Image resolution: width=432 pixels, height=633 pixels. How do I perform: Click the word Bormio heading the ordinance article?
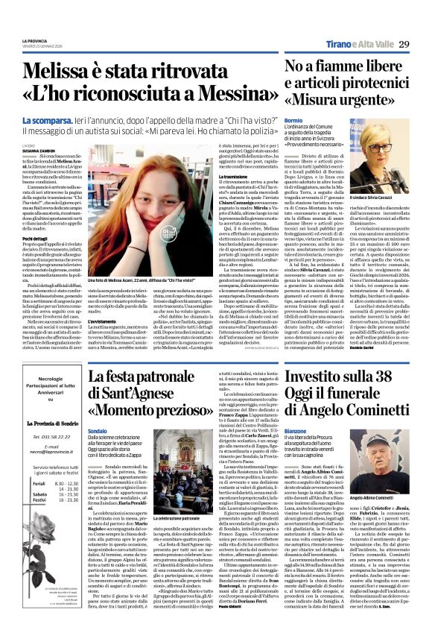pos(293,120)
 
